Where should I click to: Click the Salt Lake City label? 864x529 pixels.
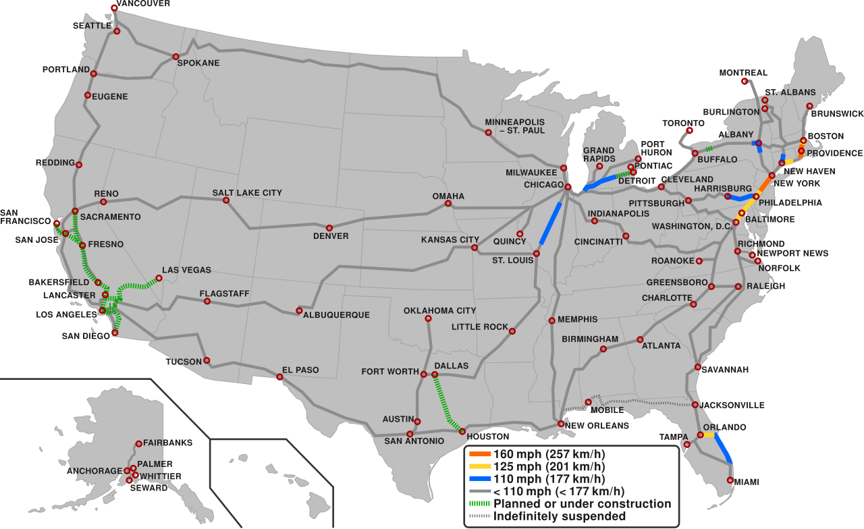pos(247,193)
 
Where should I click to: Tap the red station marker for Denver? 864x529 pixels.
pos(329,228)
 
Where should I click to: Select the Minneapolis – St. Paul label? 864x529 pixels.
pos(514,126)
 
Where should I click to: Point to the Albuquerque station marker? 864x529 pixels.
pos(299,311)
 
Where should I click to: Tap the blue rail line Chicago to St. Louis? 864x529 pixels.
pos(550,223)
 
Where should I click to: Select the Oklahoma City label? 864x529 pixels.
pos(439,311)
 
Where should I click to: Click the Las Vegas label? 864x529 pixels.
pos(186,271)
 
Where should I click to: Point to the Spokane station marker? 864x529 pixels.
pos(175,57)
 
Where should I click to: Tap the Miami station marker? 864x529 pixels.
pos(730,480)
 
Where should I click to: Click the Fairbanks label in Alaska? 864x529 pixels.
pos(167,443)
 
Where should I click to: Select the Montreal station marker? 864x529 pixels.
pos(745,81)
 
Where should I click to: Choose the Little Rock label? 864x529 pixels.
pos(480,327)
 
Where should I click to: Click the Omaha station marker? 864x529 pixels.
pos(448,203)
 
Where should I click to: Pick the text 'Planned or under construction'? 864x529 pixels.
pos(582,504)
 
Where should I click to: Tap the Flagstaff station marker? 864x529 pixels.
pos(207,302)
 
